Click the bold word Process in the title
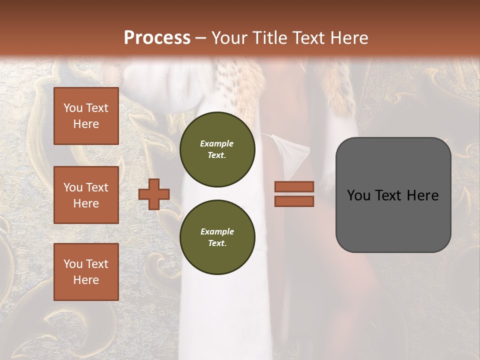click(x=157, y=38)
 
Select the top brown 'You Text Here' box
click(x=86, y=116)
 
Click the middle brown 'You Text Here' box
click(x=86, y=195)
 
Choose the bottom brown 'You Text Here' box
click(x=86, y=271)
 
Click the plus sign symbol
click(x=154, y=194)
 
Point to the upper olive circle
click(x=217, y=149)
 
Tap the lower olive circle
click(x=217, y=237)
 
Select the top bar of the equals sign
click(x=294, y=186)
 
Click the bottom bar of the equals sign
click(x=294, y=201)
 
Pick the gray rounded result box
click(x=393, y=194)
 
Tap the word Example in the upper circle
click(x=217, y=143)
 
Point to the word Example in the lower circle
click(x=217, y=231)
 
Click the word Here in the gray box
click(x=422, y=195)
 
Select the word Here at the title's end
click(x=348, y=38)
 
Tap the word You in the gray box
click(x=358, y=195)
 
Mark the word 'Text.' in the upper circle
click(x=217, y=155)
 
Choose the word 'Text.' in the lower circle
click(x=217, y=243)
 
